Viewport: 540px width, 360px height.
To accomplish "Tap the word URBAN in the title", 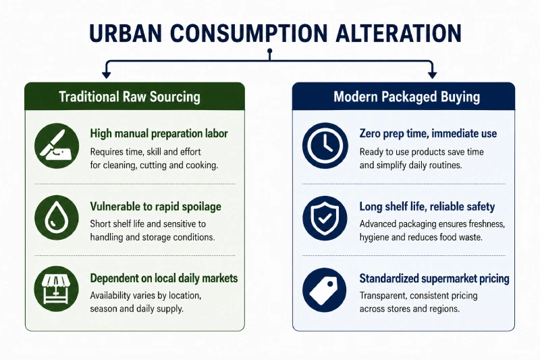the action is [126, 33].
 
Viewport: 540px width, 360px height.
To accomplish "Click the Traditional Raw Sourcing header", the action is [130, 97].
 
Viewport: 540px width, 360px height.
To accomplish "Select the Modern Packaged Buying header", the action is [407, 97].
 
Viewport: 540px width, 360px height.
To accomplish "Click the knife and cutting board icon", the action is [57, 146].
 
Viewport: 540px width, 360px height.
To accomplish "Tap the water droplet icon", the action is [57, 217].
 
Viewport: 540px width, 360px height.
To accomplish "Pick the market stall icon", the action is [57, 288].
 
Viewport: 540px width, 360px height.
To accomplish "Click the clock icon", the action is [325, 146].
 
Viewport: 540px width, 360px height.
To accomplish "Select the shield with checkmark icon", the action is [325, 218].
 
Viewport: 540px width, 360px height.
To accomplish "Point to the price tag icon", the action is [325, 290].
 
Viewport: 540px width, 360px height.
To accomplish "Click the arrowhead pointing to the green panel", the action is [107, 74].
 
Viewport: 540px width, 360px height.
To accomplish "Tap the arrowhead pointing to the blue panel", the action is [432, 74].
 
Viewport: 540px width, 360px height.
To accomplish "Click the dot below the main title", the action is [270, 51].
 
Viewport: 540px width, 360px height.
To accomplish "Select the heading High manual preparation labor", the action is [159, 134].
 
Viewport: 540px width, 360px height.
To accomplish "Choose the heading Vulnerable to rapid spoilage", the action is [156, 207].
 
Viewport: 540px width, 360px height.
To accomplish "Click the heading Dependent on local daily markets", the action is [164, 278].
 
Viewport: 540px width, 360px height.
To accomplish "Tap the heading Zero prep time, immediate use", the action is [428, 134].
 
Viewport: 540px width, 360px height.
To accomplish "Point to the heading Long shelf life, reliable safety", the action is [427, 207].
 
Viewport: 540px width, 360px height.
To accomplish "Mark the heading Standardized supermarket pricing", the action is [434, 278].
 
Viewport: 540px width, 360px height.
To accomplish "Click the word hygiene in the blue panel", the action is [374, 237].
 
